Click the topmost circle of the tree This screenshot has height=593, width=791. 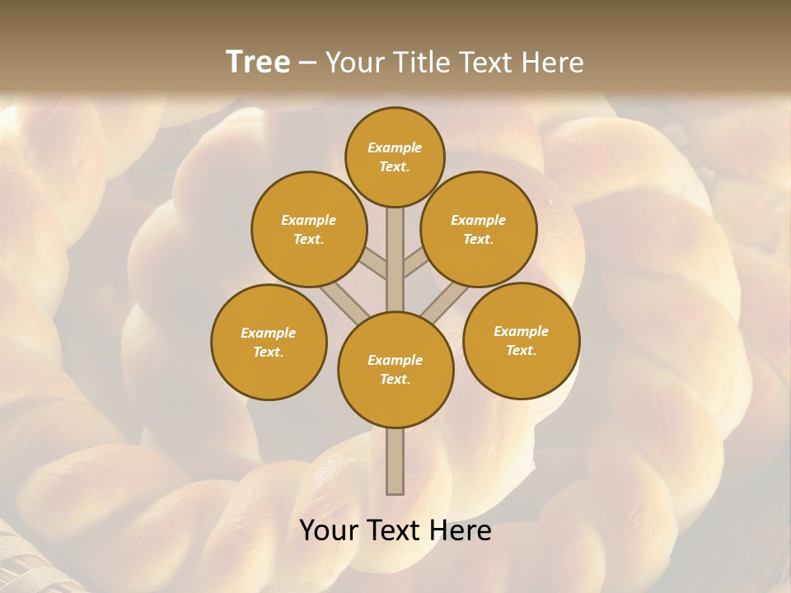click(395, 156)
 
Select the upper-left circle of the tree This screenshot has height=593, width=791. click(308, 229)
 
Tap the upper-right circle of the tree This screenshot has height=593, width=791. click(478, 229)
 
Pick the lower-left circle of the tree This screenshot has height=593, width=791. click(269, 342)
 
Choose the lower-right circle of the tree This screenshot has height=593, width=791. click(521, 340)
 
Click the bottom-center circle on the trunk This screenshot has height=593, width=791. click(395, 370)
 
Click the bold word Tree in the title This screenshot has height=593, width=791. click(258, 62)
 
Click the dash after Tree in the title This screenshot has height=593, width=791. click(307, 63)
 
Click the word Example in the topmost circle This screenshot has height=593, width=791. click(395, 147)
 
